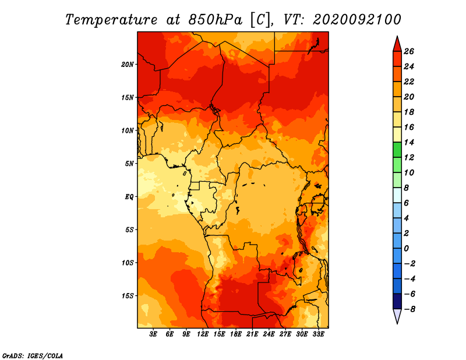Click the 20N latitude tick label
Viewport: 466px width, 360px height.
[128, 64]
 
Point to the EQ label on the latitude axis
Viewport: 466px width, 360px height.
[129, 196]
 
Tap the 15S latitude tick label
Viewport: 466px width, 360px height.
[128, 296]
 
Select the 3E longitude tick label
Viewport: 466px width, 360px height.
[153, 334]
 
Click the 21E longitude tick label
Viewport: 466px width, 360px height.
[252, 334]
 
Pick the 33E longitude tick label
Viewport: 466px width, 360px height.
[318, 334]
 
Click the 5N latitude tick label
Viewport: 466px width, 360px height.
[129, 164]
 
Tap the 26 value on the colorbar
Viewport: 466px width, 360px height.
[409, 51]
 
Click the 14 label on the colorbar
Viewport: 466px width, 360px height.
[409, 142]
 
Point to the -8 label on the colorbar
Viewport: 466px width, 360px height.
[409, 309]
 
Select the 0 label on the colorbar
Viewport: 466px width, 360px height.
[406, 249]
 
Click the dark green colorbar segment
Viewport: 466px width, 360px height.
[397, 150]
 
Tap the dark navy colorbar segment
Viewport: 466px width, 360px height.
[397, 301]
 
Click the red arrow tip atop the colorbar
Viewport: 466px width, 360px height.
[397, 37]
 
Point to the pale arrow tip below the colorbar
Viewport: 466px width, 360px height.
[397, 323]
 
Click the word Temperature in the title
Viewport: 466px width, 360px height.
[111, 20]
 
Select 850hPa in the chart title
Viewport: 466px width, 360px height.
[215, 20]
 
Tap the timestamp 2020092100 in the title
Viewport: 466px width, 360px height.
[357, 20]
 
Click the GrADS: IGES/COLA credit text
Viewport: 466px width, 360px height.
[33, 356]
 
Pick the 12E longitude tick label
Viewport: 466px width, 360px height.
[202, 334]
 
